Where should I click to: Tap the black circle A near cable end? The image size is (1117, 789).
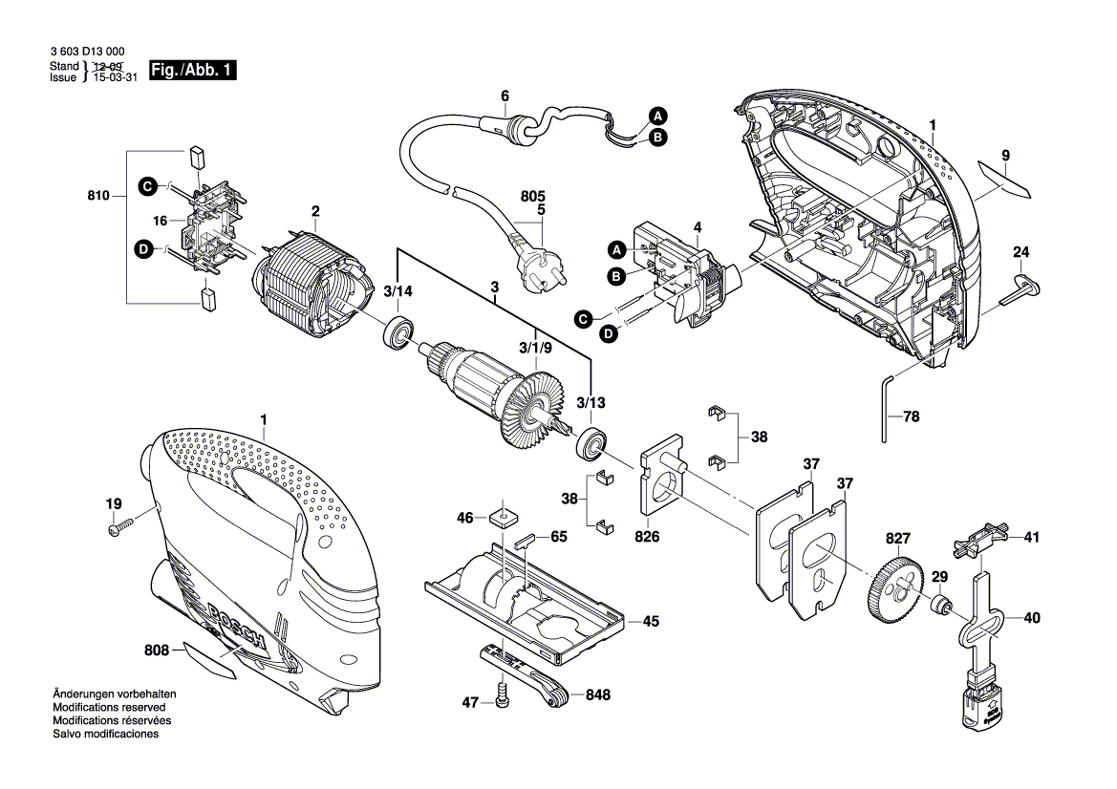point(657,116)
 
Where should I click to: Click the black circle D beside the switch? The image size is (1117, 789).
point(607,332)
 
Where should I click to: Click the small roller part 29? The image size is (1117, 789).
point(941,604)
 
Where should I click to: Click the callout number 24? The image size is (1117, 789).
point(1021,253)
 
